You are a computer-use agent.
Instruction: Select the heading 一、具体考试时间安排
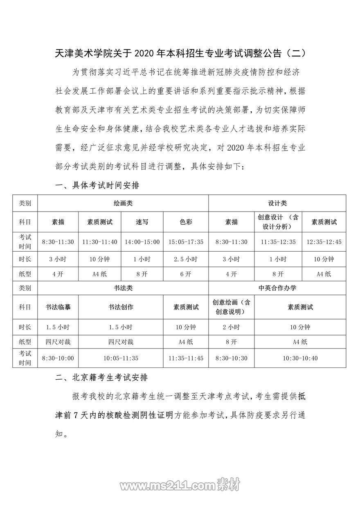pos(97,185)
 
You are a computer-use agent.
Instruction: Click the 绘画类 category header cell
pos(123,203)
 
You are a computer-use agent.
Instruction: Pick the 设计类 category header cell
pos(277,203)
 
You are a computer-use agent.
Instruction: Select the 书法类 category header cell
pos(123,288)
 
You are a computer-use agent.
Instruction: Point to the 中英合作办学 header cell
pos(277,288)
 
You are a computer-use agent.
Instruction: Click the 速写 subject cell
pos(142,222)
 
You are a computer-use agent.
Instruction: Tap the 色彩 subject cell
pos(186,222)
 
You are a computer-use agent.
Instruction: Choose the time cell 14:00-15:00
pos(142,242)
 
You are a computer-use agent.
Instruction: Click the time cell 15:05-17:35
pos(186,242)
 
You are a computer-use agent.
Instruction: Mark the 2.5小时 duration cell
pos(186,259)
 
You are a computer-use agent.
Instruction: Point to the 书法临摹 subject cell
pos(58,307)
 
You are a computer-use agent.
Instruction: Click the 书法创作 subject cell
pos(121,307)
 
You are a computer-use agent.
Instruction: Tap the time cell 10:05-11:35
pos(121,358)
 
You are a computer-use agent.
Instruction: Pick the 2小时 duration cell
pos(231,327)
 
